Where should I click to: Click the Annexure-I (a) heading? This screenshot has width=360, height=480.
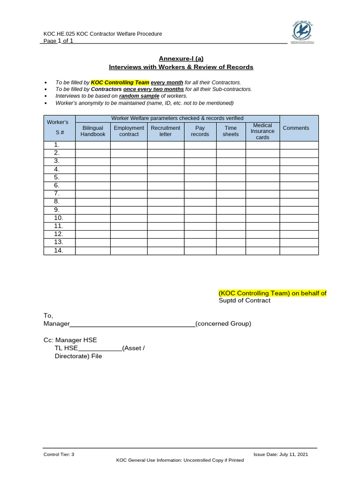[181, 58]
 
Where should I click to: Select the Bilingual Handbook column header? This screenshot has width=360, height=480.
[93, 131]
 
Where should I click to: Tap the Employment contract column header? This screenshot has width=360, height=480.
[129, 131]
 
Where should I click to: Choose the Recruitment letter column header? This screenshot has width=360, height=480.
[165, 131]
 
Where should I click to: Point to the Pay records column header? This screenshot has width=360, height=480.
[200, 131]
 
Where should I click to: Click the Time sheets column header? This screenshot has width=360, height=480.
[231, 131]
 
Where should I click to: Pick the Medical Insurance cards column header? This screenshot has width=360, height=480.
[262, 131]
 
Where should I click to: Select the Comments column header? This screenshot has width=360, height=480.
[299, 128]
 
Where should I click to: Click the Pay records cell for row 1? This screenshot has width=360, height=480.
[200, 145]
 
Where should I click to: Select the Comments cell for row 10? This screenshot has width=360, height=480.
[299, 218]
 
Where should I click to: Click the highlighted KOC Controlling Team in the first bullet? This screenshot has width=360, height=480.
[120, 82]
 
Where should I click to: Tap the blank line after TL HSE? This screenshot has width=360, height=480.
[100, 348]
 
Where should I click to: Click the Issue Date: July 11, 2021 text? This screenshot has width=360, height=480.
[281, 454]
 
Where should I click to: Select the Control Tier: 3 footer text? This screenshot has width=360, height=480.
[59, 454]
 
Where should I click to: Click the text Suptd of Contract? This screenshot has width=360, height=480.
[244, 300]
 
